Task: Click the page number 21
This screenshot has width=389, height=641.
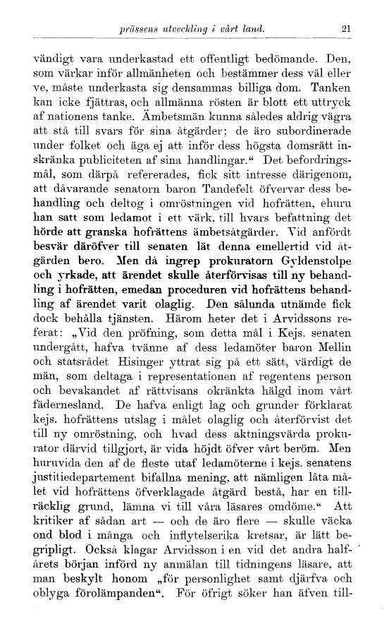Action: point(345,30)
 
